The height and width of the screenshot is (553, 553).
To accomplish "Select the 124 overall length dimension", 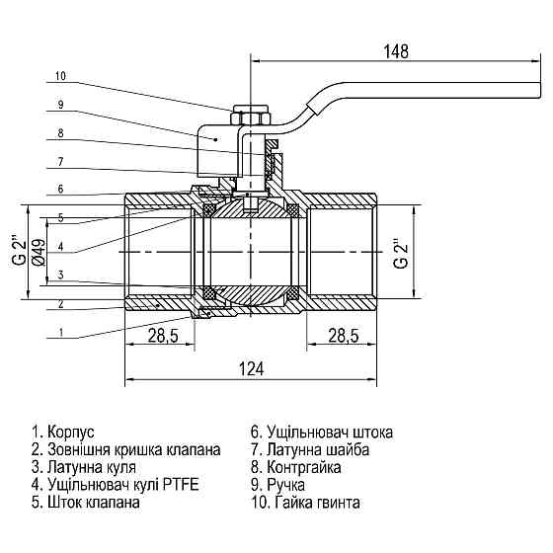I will (253, 369).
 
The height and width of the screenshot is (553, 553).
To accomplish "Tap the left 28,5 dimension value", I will (162, 337).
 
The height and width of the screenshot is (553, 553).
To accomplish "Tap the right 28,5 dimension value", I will (343, 337).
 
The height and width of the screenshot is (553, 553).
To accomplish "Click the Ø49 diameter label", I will (38, 253).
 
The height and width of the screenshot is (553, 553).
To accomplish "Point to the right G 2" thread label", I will (397, 254).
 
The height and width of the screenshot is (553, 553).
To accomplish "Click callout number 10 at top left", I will (60, 76).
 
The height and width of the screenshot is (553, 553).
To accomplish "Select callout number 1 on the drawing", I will (60, 333).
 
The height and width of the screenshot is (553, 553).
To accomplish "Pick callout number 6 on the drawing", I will (60, 189).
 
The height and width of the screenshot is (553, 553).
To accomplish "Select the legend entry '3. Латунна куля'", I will (84, 467).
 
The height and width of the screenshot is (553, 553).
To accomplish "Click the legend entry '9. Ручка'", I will (278, 485).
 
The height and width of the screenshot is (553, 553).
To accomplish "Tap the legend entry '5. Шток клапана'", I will (86, 503).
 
